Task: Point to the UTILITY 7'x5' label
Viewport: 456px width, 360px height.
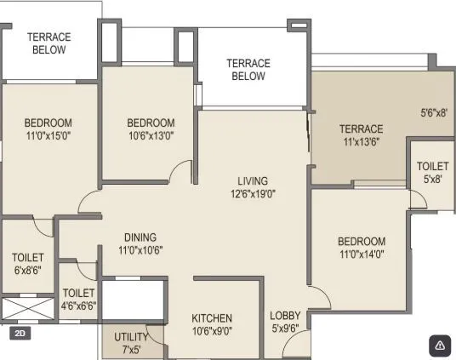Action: [130, 343]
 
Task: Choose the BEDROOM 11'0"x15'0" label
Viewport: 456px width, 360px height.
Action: [48, 129]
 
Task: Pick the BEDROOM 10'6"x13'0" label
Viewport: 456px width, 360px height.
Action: [151, 129]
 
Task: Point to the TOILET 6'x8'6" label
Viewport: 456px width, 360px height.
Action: [27, 264]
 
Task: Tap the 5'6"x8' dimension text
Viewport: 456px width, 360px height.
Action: [433, 111]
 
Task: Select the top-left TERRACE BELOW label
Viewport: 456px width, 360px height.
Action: [48, 43]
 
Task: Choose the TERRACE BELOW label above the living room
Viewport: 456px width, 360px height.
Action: [248, 70]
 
